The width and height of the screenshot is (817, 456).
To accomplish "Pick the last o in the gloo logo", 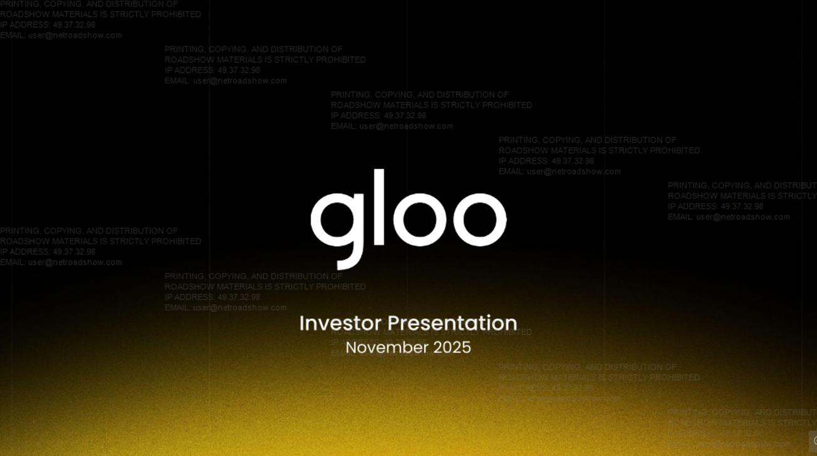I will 480,217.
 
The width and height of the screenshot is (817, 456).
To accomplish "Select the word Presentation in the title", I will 452,323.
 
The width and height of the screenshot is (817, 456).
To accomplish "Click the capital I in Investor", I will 301,323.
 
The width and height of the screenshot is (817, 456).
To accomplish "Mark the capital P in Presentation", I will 393,323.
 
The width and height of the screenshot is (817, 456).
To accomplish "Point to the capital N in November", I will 351,348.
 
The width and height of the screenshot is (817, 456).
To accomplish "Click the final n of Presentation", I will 511,324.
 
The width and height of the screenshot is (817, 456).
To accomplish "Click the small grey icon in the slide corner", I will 813,441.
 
